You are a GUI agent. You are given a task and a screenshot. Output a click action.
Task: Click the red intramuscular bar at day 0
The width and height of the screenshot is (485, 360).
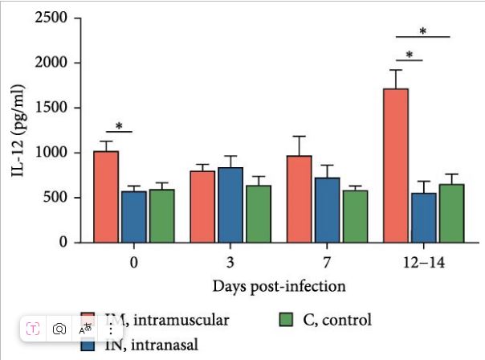[x=105, y=197]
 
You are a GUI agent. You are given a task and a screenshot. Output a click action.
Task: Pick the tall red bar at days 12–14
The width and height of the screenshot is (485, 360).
[x=396, y=166]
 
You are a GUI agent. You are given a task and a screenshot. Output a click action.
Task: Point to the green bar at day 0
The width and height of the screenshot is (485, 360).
[x=161, y=216]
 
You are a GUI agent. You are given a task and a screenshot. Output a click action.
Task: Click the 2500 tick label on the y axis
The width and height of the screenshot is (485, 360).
[x=53, y=18]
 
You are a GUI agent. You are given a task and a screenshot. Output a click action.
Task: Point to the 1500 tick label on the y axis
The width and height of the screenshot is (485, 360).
[x=53, y=108]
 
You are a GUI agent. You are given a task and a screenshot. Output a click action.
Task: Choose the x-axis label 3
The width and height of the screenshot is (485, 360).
[x=231, y=262]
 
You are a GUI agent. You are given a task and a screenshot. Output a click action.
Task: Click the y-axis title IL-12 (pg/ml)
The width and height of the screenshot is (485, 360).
[x=17, y=129]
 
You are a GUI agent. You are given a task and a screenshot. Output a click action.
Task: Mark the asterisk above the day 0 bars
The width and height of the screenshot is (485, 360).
[x=119, y=126]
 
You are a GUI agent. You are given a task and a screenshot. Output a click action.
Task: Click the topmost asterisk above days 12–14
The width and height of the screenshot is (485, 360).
[x=422, y=31]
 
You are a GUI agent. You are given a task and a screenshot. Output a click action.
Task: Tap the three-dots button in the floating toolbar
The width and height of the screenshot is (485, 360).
[x=110, y=329]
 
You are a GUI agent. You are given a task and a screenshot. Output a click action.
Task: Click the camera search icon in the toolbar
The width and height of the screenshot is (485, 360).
[x=59, y=329]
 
